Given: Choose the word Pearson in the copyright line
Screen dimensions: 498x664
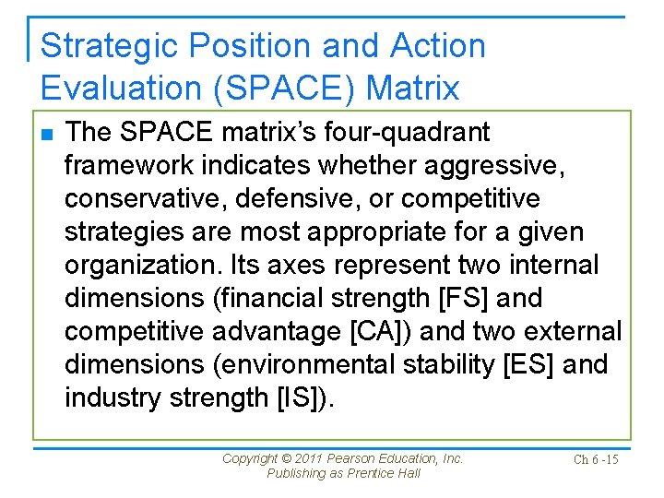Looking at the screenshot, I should [355, 458].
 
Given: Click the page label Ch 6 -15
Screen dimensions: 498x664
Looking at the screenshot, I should [595, 459].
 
